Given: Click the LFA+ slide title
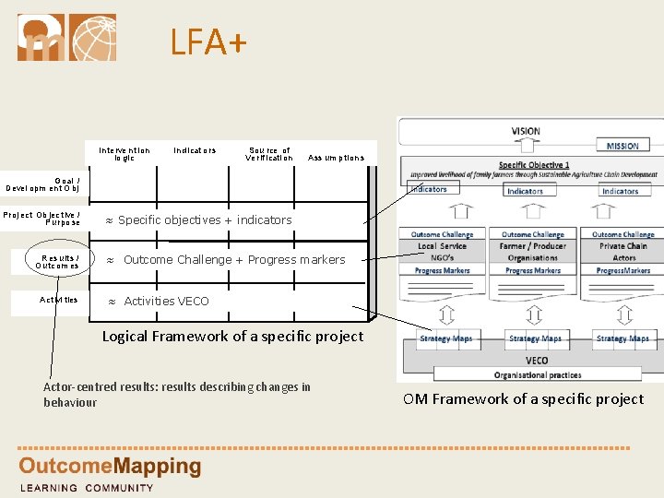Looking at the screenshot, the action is click(x=208, y=41).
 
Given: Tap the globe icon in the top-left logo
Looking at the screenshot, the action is click(x=93, y=37).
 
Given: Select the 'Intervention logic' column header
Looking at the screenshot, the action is click(x=125, y=154).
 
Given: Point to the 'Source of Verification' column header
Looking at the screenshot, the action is click(x=268, y=154).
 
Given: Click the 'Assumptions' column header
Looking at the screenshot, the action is click(x=336, y=158).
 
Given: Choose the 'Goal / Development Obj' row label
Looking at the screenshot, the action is click(x=43, y=184).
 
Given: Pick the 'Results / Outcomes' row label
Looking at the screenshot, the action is click(x=57, y=262).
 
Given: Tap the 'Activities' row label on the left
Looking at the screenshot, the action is click(x=59, y=300).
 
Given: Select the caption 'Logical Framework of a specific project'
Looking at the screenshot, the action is click(x=232, y=337).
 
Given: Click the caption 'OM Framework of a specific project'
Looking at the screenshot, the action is click(x=523, y=398).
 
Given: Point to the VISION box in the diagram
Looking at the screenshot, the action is click(x=526, y=131).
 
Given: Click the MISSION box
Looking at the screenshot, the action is click(x=622, y=146).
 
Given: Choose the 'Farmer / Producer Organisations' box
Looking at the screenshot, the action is click(x=533, y=252).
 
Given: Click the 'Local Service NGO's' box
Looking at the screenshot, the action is click(x=442, y=252).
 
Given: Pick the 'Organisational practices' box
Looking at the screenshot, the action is click(x=537, y=374).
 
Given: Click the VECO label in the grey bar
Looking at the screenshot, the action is click(x=537, y=361).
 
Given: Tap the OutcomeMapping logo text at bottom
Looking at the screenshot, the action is click(x=110, y=467).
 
